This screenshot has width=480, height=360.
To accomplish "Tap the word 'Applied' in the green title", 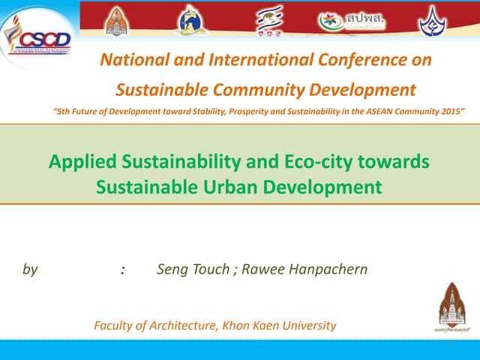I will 79,161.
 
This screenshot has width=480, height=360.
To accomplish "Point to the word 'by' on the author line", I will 30,269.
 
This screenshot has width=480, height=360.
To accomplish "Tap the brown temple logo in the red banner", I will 116,21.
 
